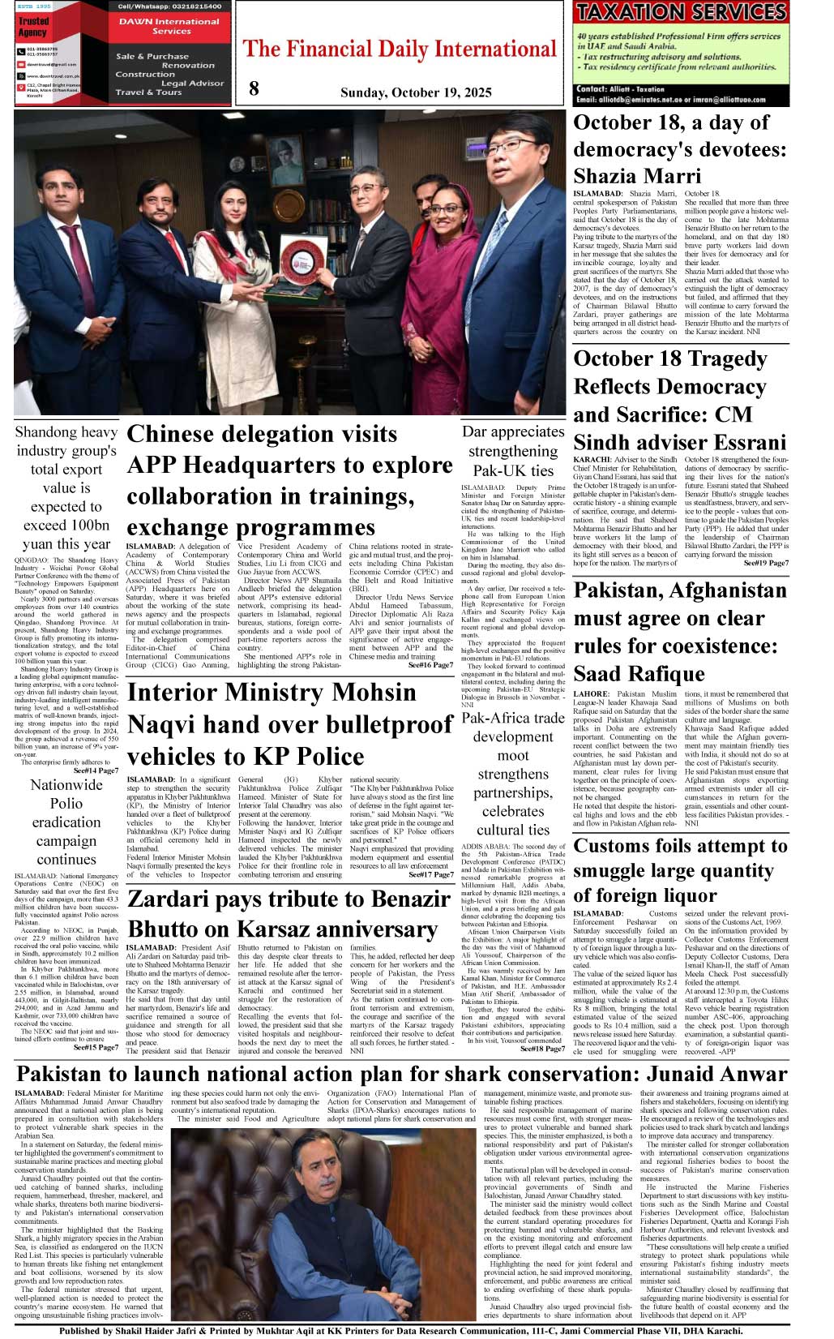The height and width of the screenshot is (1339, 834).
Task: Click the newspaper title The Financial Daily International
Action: coord(400,49)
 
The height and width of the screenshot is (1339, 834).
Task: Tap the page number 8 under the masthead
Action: coord(254,89)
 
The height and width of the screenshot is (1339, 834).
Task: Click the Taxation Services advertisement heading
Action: coord(680,11)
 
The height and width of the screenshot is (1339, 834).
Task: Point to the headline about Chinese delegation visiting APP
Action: coord(289,480)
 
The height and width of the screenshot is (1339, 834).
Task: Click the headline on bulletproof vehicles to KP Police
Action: coord(289,724)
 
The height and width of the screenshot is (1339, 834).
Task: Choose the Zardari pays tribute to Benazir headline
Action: coord(289,914)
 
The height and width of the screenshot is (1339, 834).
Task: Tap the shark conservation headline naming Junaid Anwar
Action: coord(401,1074)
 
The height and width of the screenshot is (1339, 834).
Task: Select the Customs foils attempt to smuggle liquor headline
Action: coord(680,871)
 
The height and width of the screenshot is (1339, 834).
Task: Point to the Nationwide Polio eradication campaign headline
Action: coord(66,822)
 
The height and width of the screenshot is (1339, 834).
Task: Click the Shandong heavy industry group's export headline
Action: coord(66,487)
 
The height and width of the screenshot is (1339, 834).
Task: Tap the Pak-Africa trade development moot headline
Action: coord(512,773)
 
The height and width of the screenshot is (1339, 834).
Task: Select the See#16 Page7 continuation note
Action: coord(430,665)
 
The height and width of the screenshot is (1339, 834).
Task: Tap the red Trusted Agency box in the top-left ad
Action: coord(33,27)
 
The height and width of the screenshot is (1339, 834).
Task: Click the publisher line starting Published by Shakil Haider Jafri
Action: coord(401,1331)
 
